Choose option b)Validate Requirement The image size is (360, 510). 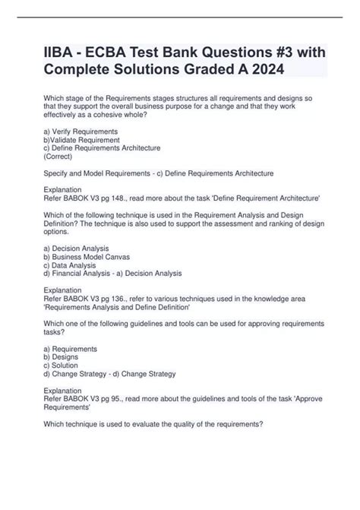point(82,141)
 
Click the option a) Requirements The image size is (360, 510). point(74,349)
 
